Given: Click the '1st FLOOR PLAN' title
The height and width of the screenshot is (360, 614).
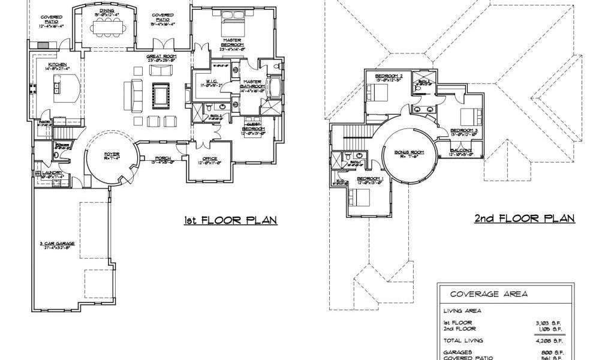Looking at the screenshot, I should [230, 220].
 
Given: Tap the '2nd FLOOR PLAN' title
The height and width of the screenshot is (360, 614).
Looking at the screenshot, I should [525, 218].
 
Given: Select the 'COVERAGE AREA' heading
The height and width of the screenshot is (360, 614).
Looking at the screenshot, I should [484, 294].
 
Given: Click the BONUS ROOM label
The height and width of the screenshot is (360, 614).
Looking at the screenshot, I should [409, 152].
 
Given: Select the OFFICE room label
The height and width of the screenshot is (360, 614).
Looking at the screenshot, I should [210, 158].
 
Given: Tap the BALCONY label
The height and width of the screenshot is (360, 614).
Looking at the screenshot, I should [461, 150].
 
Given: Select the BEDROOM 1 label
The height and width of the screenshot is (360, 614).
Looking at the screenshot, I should [369, 179].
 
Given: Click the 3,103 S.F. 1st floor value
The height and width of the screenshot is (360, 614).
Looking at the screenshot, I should [548, 323].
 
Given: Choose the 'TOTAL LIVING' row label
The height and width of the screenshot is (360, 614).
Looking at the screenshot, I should [462, 340].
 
